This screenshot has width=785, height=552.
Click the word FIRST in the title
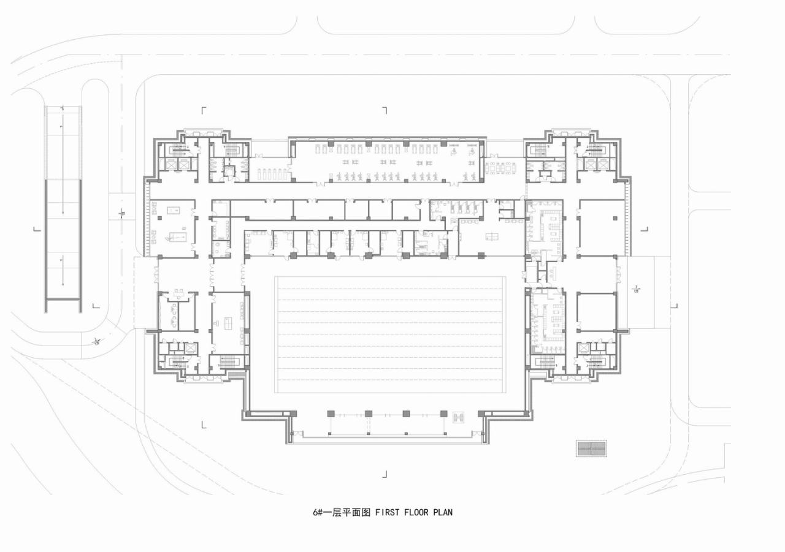388,512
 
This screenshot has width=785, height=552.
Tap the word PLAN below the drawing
442,512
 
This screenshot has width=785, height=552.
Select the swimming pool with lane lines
390,335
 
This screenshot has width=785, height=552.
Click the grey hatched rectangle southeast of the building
591,448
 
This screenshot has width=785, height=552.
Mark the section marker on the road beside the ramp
122,213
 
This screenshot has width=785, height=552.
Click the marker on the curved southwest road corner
96,341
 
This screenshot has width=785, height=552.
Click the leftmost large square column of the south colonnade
331,414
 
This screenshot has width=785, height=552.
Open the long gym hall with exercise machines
386,161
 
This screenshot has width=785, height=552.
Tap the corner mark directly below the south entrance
385,474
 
